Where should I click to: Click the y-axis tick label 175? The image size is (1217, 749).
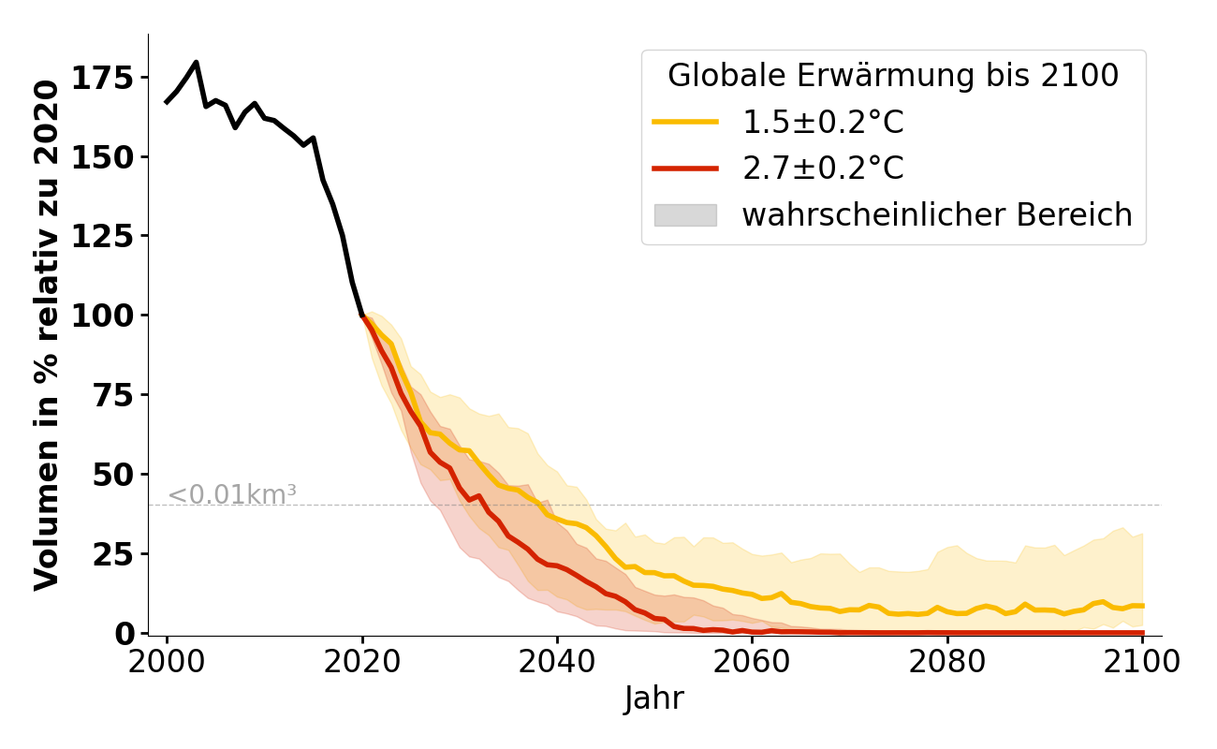tap(103, 77)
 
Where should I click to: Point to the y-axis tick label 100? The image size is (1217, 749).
tap(103, 316)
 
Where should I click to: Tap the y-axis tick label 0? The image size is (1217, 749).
tap(125, 634)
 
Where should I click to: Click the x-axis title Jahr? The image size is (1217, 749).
tap(654, 698)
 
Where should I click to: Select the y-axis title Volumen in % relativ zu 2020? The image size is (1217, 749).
tap(47, 334)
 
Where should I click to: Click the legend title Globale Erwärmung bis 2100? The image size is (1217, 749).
tap(893, 76)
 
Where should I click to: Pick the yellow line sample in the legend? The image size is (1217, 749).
tap(685, 122)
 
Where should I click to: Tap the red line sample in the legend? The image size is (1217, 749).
tap(685, 169)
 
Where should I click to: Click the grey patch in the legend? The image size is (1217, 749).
tap(685, 215)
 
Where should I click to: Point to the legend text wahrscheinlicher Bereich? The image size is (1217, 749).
tap(937, 215)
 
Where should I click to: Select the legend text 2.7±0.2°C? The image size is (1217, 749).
tap(823, 169)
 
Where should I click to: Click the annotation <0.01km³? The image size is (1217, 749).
tap(232, 495)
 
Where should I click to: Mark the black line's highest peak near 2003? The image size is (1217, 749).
tap(196, 63)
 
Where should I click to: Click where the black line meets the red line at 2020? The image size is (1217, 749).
tap(362, 316)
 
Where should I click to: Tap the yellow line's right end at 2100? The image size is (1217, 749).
tap(1142, 606)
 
